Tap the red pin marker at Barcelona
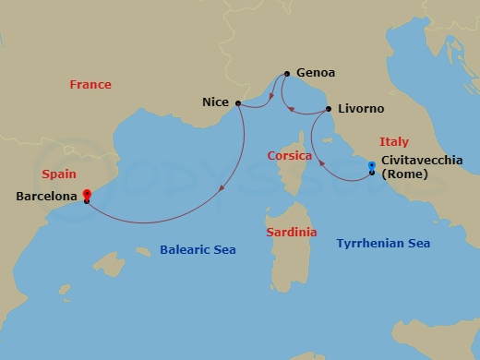pos(87,195)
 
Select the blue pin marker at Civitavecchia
pos(371,167)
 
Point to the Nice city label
pos(216,103)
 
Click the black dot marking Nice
pos(238,103)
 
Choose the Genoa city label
pos(317,73)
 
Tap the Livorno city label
pos(361,109)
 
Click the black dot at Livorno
pos(330,110)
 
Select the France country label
pos(90,85)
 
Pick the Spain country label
pos(60,174)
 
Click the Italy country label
pos(394,141)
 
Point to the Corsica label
pos(289,156)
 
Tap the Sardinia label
pos(292,233)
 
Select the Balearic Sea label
pos(198,249)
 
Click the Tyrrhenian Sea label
pos(384,243)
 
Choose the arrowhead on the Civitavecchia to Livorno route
pos(323,165)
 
